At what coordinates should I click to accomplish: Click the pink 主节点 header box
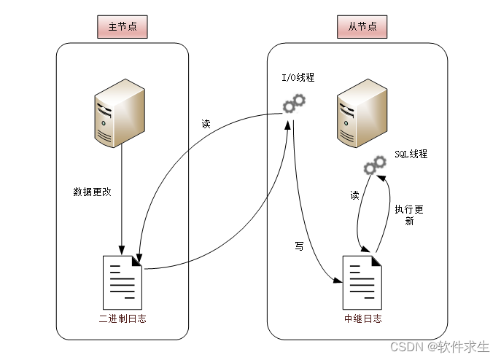(123, 28)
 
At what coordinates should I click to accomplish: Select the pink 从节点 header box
(362, 28)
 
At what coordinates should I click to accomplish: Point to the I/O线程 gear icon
(294, 104)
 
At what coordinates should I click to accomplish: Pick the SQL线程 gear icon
(375, 165)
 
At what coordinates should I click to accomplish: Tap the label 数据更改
(93, 192)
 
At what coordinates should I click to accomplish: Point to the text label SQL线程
(411, 154)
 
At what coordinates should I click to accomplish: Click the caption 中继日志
(363, 319)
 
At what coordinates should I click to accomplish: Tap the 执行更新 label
(409, 215)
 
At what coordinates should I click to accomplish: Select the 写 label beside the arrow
(298, 247)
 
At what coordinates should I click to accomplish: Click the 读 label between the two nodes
(206, 123)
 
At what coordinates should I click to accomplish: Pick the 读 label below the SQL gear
(354, 195)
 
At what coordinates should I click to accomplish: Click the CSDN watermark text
(440, 347)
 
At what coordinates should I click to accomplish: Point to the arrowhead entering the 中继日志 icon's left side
(338, 281)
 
